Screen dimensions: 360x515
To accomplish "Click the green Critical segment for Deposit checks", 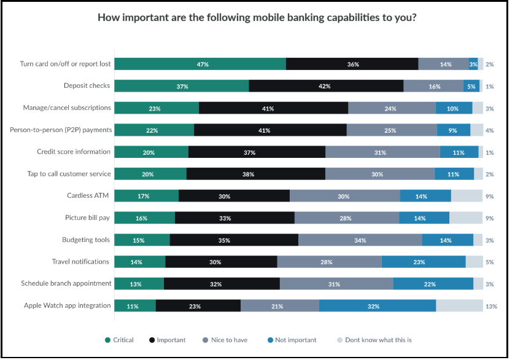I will (182, 86).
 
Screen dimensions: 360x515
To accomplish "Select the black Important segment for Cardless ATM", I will (234, 196).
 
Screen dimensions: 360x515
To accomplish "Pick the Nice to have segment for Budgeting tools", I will (360, 240).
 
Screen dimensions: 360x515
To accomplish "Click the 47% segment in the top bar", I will (200, 65).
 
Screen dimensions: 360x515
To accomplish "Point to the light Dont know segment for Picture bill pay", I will (466, 217).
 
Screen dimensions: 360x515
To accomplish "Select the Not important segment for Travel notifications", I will (424, 262).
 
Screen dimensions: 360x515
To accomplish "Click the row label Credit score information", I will (74, 152).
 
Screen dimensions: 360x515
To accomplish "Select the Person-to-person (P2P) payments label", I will (61, 130).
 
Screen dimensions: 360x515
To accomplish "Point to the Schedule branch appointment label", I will (66, 283).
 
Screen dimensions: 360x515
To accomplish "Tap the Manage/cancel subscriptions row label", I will (66, 108).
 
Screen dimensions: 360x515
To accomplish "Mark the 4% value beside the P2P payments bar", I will (489, 130).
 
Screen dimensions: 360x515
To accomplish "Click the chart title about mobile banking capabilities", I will (257, 17).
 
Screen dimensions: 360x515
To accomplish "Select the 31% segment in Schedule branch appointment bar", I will (336, 283).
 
